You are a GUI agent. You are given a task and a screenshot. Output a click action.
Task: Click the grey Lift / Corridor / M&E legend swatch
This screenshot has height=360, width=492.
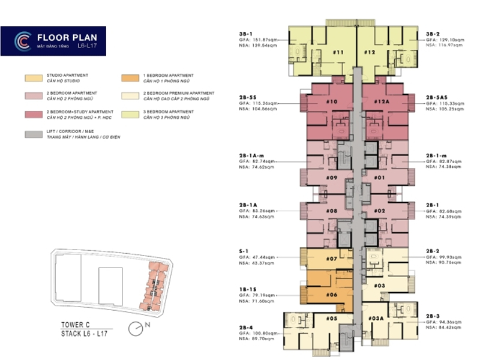(33, 134)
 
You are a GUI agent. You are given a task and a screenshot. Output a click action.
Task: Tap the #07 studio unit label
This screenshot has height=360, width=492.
(332, 259)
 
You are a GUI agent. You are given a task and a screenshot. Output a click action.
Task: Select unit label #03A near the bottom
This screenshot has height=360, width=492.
(377, 319)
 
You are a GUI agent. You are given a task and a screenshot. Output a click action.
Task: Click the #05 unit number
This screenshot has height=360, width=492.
(332, 319)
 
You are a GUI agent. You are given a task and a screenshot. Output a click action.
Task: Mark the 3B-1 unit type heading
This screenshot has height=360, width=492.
(246, 34)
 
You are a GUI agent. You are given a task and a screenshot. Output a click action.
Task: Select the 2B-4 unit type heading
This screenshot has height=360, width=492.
(245, 328)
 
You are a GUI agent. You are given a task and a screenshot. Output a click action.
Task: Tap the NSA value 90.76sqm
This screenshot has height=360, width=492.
(445, 261)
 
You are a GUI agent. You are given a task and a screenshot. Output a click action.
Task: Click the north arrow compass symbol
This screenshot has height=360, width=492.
(137, 328)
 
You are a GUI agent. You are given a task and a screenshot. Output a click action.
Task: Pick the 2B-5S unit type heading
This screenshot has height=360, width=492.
(248, 97)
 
